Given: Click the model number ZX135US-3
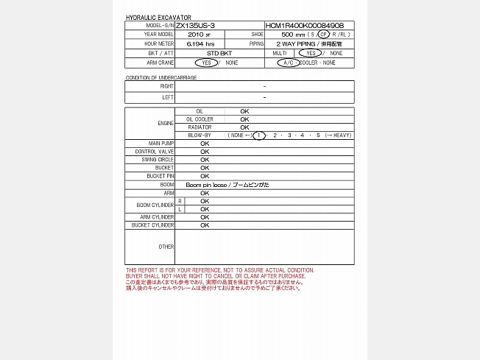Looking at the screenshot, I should tap(195, 25).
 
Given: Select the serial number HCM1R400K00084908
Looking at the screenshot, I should tap(304, 25).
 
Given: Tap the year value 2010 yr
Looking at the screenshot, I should tap(199, 35).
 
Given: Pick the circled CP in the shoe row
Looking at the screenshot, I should tap(324, 35).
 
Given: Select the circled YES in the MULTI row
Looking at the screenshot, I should tap(311, 53).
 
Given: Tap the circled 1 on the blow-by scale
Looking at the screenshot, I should tap(259, 135).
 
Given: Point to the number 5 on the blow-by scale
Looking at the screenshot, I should tap(318, 135).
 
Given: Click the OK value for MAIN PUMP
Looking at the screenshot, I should tap(205, 143).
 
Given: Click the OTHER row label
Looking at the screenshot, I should tap(166, 247).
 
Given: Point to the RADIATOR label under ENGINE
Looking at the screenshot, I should tap(199, 127).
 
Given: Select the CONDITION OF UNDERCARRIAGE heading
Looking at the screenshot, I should tap(160, 77).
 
